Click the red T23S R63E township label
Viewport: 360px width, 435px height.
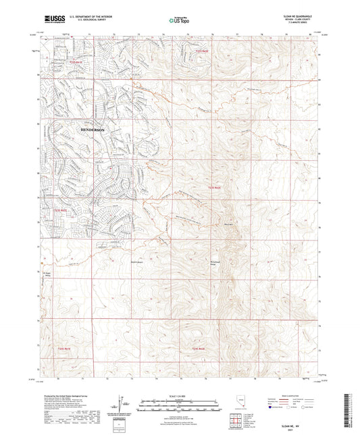tap(213, 187)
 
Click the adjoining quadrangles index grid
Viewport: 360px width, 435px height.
tap(235, 420)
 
